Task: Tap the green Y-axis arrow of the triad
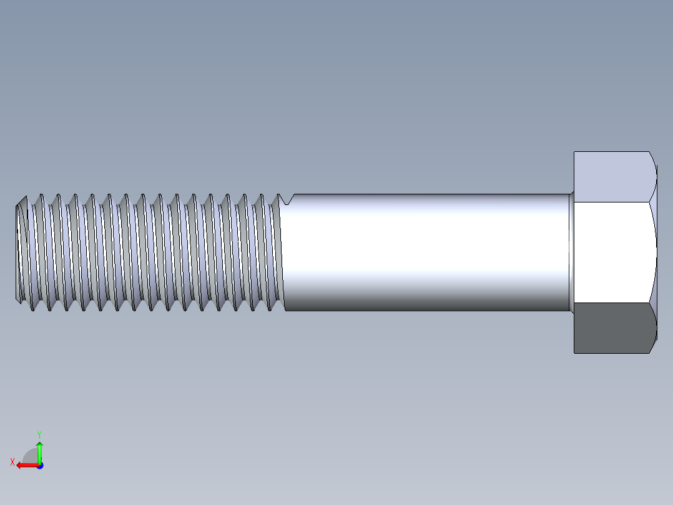tap(39, 451)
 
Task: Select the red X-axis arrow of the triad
tap(25, 465)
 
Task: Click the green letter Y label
tap(39, 434)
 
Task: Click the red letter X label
tap(12, 462)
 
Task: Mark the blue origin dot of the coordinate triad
tap(39, 465)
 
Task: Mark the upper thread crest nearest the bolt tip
tap(26, 196)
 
